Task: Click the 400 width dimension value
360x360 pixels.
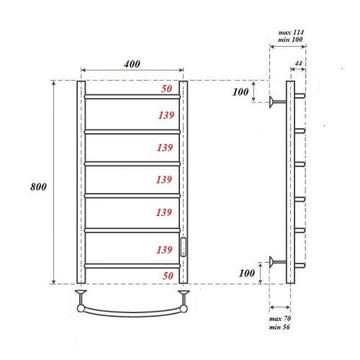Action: point(131,64)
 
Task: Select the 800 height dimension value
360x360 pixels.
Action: point(39,186)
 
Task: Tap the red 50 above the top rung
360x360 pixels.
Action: point(166,89)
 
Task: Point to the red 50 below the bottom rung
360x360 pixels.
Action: point(166,276)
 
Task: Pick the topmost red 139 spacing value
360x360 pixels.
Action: point(166,115)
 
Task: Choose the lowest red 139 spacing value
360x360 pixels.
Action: point(166,249)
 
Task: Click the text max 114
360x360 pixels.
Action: point(291,34)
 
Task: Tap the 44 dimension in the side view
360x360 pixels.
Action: point(299,65)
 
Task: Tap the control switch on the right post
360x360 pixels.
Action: point(184,247)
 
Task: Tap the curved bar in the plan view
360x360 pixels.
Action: point(133,314)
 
